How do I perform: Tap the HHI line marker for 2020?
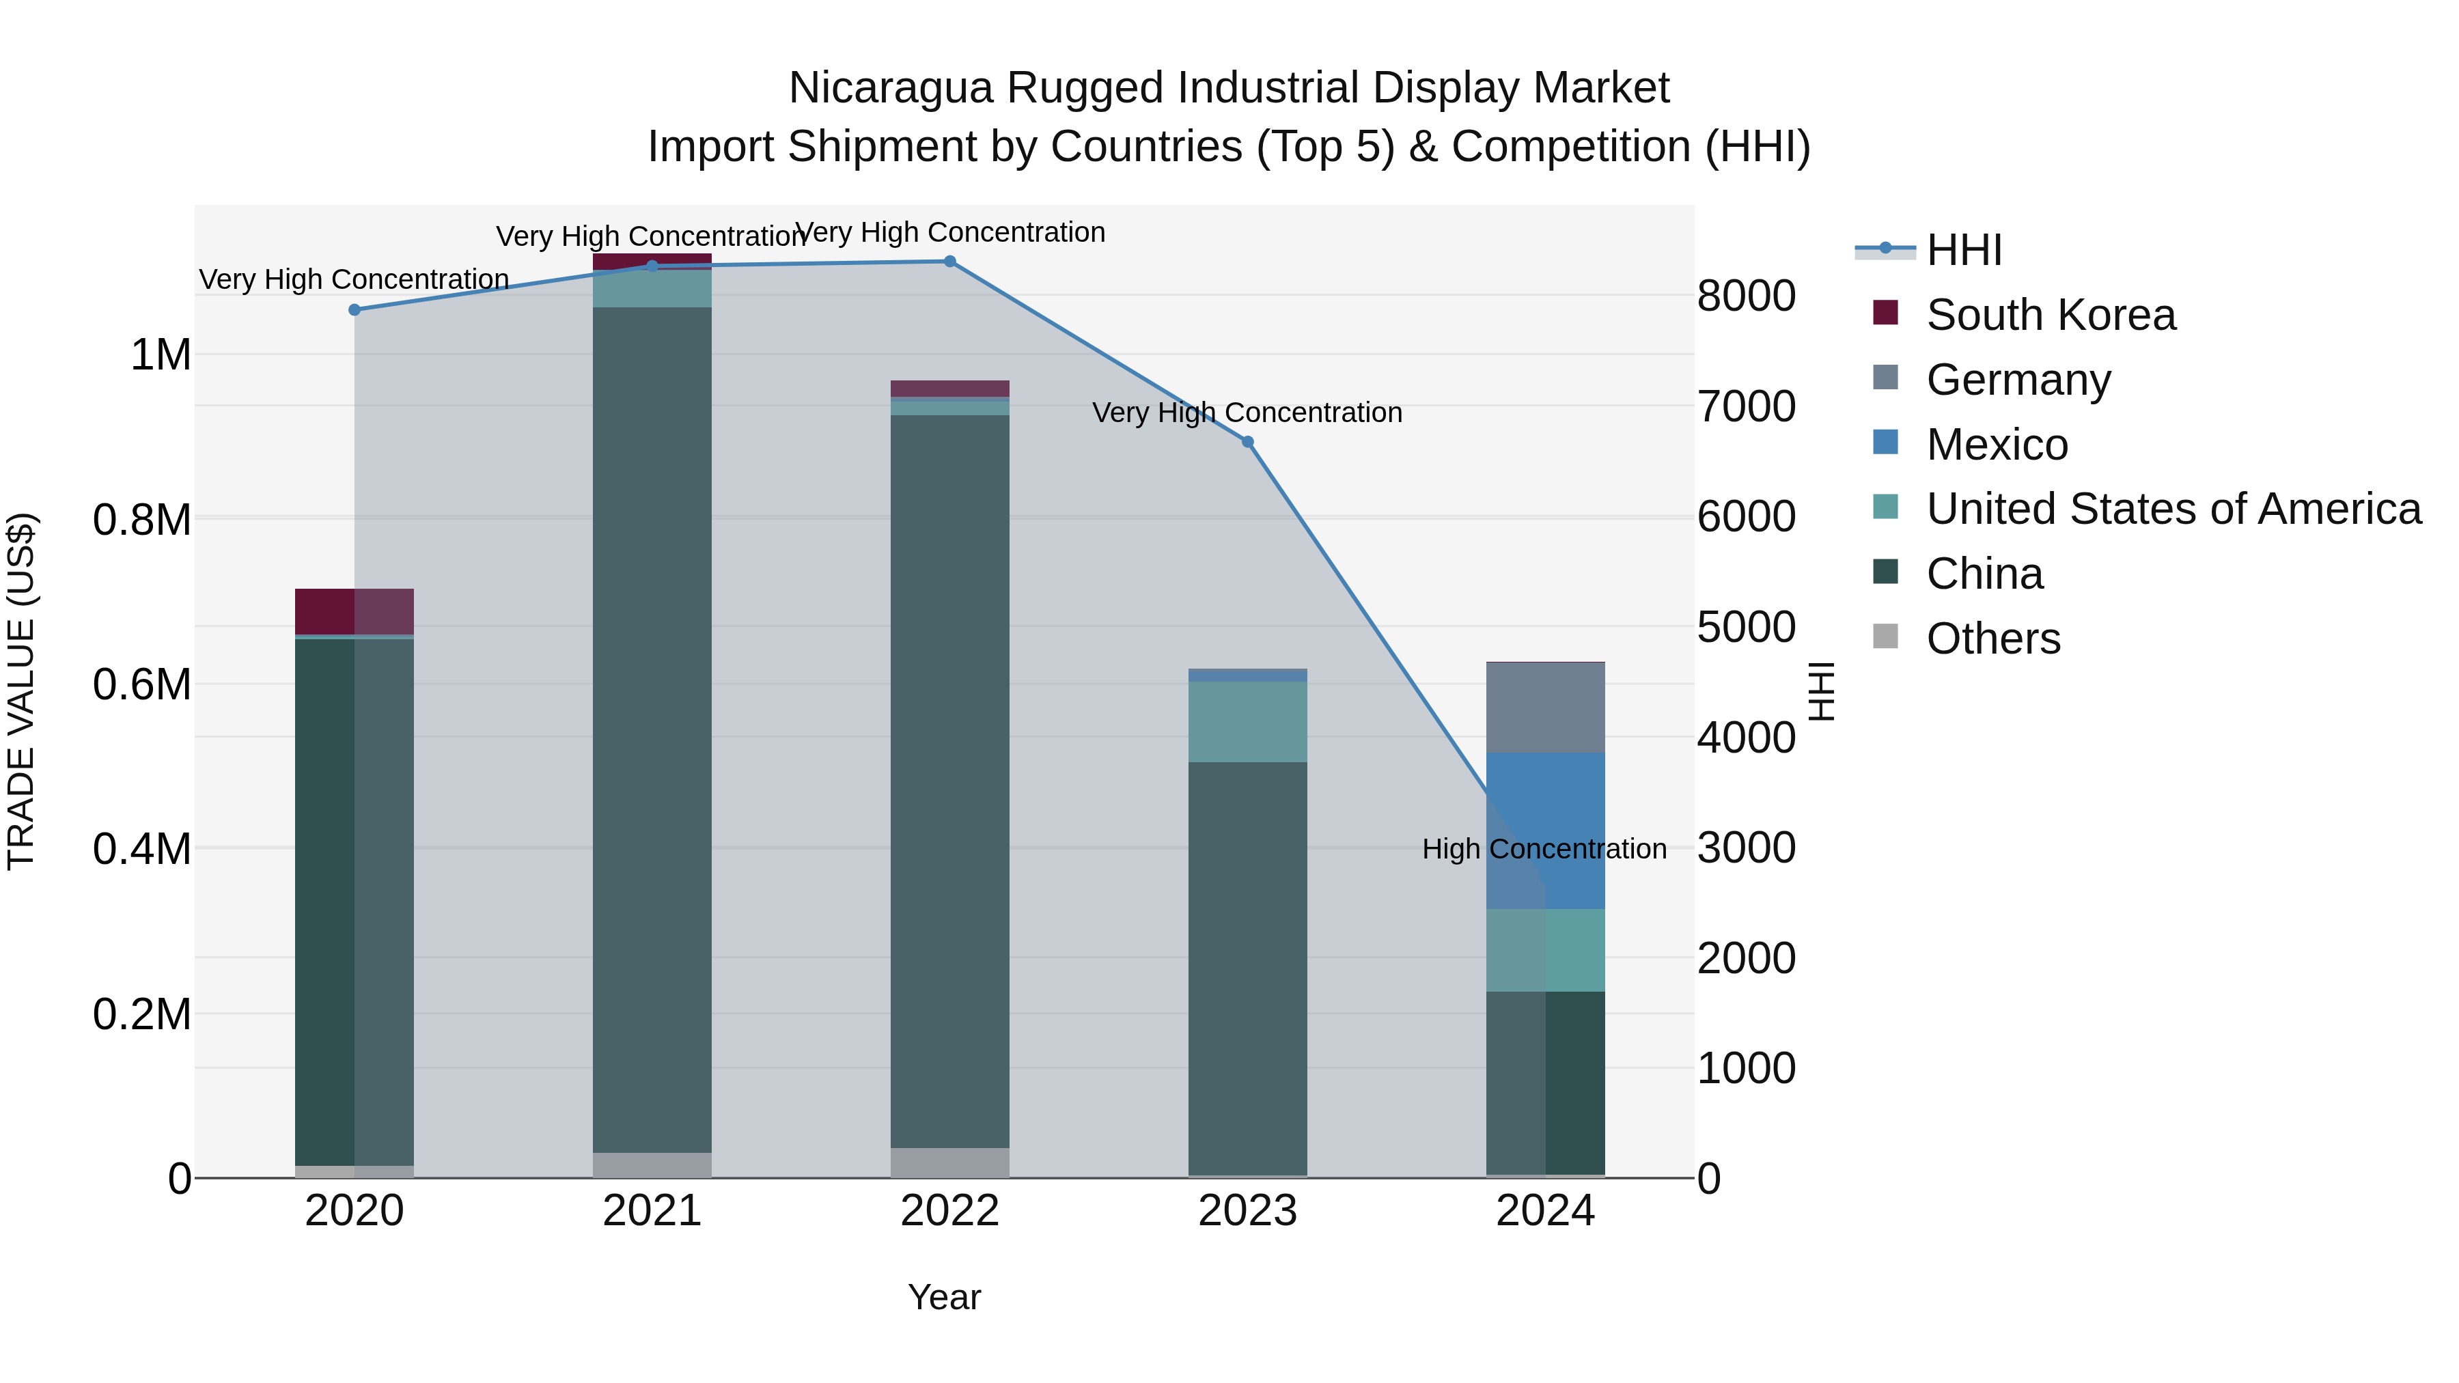pyautogui.click(x=354, y=309)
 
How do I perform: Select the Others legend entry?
pyautogui.click(x=1992, y=639)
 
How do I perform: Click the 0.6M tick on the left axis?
pyautogui.click(x=141, y=684)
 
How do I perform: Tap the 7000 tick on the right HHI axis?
pyautogui.click(x=1745, y=406)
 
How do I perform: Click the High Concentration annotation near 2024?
pyautogui.click(x=1544, y=848)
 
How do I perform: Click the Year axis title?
pyautogui.click(x=943, y=1297)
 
